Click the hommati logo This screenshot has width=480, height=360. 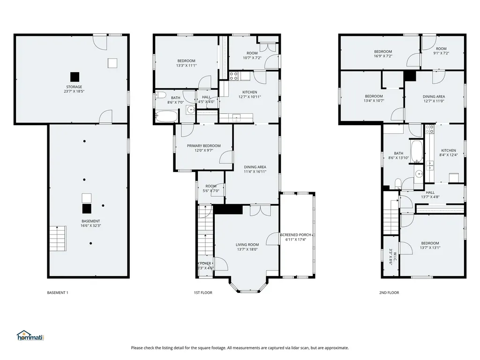[30, 336]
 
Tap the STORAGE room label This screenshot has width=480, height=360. [74, 87]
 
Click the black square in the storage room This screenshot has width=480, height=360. [75, 77]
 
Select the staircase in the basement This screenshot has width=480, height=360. [58, 239]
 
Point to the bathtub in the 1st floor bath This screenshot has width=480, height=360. [166, 116]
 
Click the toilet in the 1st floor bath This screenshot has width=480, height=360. [160, 95]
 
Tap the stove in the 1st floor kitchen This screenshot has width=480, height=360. [234, 76]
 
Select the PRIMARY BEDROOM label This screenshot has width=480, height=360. [204, 146]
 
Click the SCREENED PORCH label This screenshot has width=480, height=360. [296, 235]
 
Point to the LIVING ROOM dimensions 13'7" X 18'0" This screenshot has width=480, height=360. [247, 249]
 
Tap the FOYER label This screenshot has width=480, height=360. [205, 263]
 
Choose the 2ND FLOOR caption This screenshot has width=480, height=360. [389, 292]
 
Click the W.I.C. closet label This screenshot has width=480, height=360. [395, 256]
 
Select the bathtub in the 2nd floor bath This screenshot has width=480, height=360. [417, 151]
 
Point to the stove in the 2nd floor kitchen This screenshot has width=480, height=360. [429, 129]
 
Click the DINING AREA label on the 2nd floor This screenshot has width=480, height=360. [434, 97]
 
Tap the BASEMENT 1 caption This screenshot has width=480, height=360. [58, 292]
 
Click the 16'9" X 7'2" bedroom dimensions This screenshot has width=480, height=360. [383, 56]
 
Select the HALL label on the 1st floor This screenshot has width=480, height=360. [206, 97]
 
